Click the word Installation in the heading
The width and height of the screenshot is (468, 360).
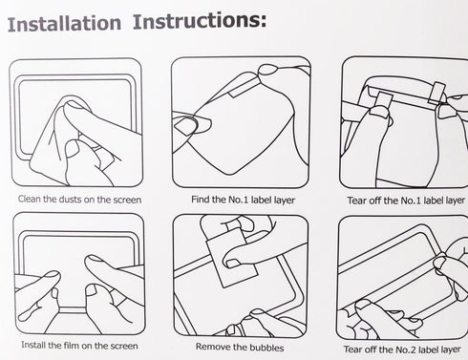click(64, 24)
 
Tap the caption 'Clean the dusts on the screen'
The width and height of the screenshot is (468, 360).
click(79, 200)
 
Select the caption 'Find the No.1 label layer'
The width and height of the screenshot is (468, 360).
click(243, 200)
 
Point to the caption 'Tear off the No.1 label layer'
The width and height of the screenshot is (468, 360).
click(406, 201)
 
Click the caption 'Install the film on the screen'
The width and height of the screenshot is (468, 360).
click(79, 346)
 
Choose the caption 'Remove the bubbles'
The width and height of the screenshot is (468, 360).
click(240, 347)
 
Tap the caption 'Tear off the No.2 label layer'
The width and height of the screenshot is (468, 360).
click(402, 349)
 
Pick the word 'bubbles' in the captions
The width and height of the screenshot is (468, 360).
click(266, 348)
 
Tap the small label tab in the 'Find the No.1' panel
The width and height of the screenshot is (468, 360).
click(241, 90)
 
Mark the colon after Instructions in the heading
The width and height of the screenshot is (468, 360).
click(263, 21)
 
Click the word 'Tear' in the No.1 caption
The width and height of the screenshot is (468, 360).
click(356, 201)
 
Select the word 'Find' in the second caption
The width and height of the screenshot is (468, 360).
click(200, 200)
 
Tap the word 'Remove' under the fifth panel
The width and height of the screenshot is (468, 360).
click(211, 347)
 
